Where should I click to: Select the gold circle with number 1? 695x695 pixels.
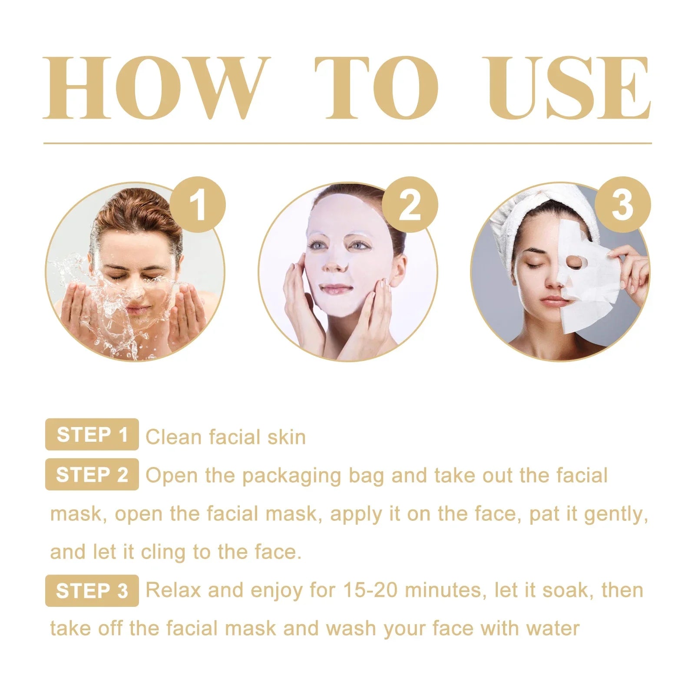[x=198, y=204]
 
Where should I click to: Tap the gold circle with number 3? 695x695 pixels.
[x=622, y=204]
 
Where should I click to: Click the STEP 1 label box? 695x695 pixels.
[x=92, y=434]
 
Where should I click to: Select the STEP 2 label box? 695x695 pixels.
[x=92, y=474]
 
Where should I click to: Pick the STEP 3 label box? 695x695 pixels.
[x=92, y=591]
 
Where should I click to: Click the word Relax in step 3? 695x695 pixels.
[x=173, y=590]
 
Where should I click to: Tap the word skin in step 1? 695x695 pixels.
[x=286, y=437]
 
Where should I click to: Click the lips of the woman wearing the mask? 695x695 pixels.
[x=335, y=289]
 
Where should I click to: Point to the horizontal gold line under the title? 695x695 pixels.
[x=347, y=143]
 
